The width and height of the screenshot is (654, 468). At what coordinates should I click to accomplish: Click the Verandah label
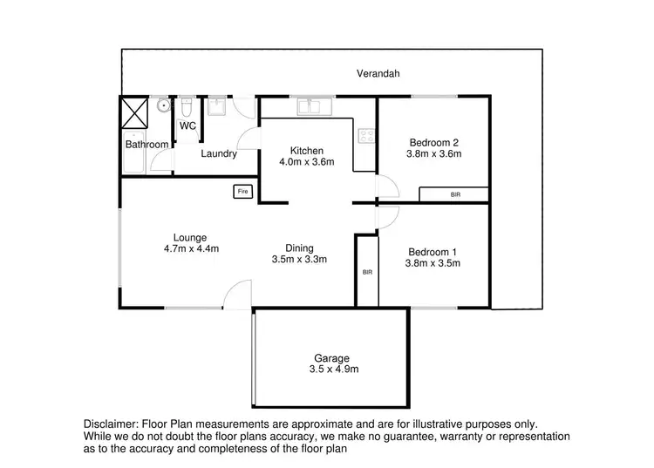pyautogui.click(x=378, y=74)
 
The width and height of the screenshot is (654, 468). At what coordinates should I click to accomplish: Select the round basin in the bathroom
pyautogui.click(x=162, y=106)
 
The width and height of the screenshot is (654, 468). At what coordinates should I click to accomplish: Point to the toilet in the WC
pyautogui.click(x=187, y=107)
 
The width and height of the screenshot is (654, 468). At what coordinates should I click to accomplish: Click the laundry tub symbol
pyautogui.click(x=215, y=107)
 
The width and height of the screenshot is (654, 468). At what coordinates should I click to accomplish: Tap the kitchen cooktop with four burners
pyautogui.click(x=366, y=135)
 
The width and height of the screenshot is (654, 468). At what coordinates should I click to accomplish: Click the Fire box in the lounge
pyautogui.click(x=242, y=191)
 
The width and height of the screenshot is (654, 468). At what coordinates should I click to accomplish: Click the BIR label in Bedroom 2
pyautogui.click(x=455, y=194)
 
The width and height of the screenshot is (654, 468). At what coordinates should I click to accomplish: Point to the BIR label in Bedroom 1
pyautogui.click(x=367, y=273)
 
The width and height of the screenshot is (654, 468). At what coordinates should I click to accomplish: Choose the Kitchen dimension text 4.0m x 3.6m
pyautogui.click(x=306, y=162)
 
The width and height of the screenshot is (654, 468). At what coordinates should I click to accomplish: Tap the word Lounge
pyautogui.click(x=189, y=236)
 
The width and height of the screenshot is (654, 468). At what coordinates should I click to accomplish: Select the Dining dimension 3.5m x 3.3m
pyautogui.click(x=298, y=260)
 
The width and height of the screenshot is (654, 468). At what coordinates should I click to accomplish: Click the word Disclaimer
pyautogui.click(x=112, y=420)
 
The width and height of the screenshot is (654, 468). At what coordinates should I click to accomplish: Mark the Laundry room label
pyautogui.click(x=219, y=153)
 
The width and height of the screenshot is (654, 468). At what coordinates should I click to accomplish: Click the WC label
pyautogui.click(x=187, y=126)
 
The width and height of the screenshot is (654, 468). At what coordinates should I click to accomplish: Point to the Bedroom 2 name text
pyautogui.click(x=433, y=143)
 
